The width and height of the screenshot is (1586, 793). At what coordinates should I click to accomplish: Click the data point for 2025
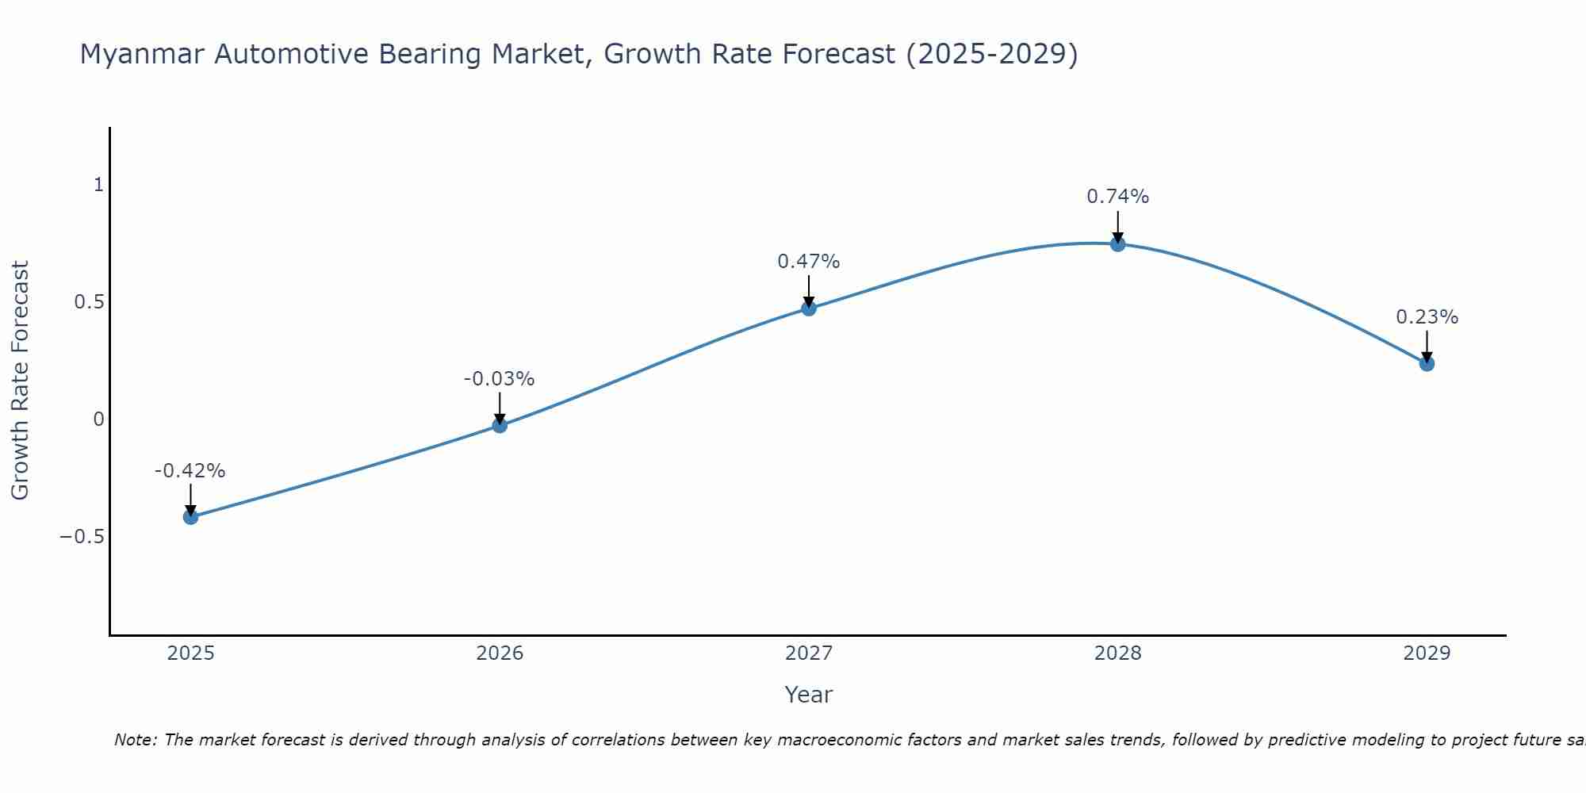pyautogui.click(x=190, y=517)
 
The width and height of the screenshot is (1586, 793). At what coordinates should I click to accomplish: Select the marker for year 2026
pyautogui.click(x=500, y=426)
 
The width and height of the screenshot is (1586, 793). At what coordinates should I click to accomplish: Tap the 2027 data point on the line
pyautogui.click(x=809, y=308)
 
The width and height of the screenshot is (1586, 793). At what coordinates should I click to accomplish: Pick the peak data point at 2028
pyautogui.click(x=1118, y=244)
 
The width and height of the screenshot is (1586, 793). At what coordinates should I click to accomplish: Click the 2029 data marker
pyautogui.click(x=1427, y=364)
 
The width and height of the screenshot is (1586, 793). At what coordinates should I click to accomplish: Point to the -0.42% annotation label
pyautogui.click(x=190, y=471)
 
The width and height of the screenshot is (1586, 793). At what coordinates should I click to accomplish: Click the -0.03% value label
pyautogui.click(x=499, y=380)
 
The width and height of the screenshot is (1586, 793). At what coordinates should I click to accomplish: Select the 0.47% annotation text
pyautogui.click(x=808, y=262)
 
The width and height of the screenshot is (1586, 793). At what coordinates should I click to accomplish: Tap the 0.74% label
pyautogui.click(x=1117, y=197)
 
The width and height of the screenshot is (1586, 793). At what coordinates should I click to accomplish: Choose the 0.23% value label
pyautogui.click(x=1427, y=317)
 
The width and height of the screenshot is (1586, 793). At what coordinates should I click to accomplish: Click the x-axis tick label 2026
pyautogui.click(x=500, y=653)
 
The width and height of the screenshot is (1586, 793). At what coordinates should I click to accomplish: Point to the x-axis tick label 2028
pyautogui.click(x=1117, y=653)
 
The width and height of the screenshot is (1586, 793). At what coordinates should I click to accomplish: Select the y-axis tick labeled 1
pyautogui.click(x=99, y=185)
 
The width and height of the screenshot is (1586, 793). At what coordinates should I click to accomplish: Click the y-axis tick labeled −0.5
pyautogui.click(x=82, y=537)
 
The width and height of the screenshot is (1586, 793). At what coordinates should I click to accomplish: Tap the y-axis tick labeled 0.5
pyautogui.click(x=90, y=302)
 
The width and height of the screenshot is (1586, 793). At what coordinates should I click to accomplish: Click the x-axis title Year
pyautogui.click(x=808, y=695)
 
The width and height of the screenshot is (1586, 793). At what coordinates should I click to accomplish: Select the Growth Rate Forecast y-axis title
pyautogui.click(x=20, y=381)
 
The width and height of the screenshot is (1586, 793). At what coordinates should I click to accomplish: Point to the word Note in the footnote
pyautogui.click(x=135, y=741)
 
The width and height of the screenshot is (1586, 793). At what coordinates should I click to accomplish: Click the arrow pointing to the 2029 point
pyautogui.click(x=1427, y=347)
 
